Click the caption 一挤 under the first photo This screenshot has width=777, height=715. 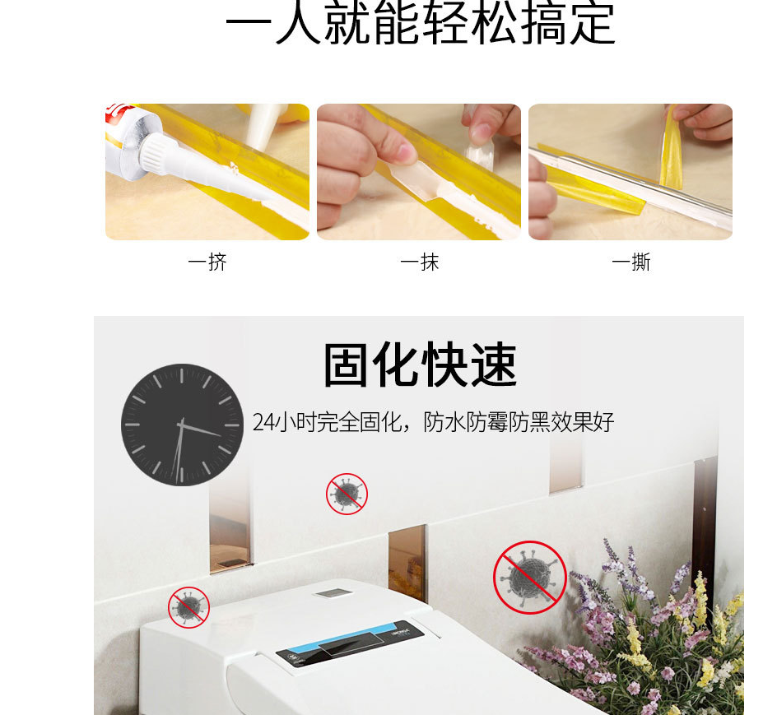pyautogui.click(x=207, y=262)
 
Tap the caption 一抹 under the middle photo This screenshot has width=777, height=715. pyautogui.click(x=419, y=262)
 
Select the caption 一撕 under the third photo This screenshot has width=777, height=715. pyautogui.click(x=631, y=262)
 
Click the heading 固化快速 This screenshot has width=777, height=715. pyautogui.click(x=420, y=366)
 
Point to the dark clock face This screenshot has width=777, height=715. pyautogui.click(x=182, y=425)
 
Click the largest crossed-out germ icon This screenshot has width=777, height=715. pyautogui.click(x=530, y=577)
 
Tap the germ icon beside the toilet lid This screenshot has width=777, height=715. pyautogui.click(x=188, y=607)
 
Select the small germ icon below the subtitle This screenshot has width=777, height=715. pyautogui.click(x=347, y=494)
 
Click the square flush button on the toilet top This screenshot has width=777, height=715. pyautogui.click(x=333, y=592)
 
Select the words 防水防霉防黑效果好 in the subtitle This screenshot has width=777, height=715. pyautogui.click(x=519, y=423)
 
